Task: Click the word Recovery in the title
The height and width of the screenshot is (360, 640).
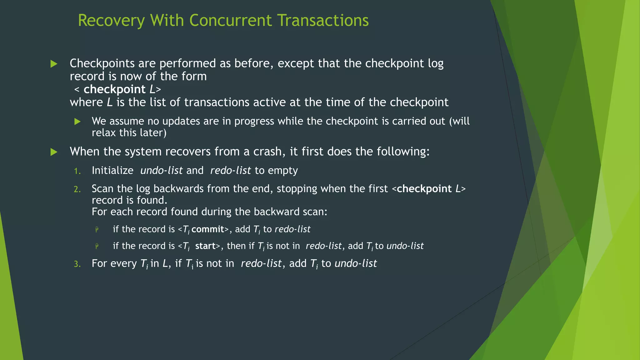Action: [x=111, y=21]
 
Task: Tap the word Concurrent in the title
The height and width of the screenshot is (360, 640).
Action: [x=230, y=21]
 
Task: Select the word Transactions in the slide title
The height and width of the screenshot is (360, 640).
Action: [x=323, y=21]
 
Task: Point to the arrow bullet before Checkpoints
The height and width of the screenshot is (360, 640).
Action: [x=54, y=64]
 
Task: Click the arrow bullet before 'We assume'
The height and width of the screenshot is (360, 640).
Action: [x=77, y=122]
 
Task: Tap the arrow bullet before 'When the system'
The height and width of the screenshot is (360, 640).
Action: [x=54, y=152]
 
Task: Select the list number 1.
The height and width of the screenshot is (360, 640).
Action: [x=77, y=171]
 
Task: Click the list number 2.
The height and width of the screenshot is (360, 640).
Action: [x=77, y=189]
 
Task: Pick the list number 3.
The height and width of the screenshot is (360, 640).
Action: [x=77, y=264]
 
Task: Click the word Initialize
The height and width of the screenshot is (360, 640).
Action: [x=112, y=171]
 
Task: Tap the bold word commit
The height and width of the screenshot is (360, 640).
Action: [x=208, y=229]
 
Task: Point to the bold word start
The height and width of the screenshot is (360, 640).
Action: [x=205, y=246]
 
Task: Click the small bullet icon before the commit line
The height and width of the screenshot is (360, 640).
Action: [x=97, y=230]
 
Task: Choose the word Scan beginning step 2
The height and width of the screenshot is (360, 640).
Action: [x=102, y=189]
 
